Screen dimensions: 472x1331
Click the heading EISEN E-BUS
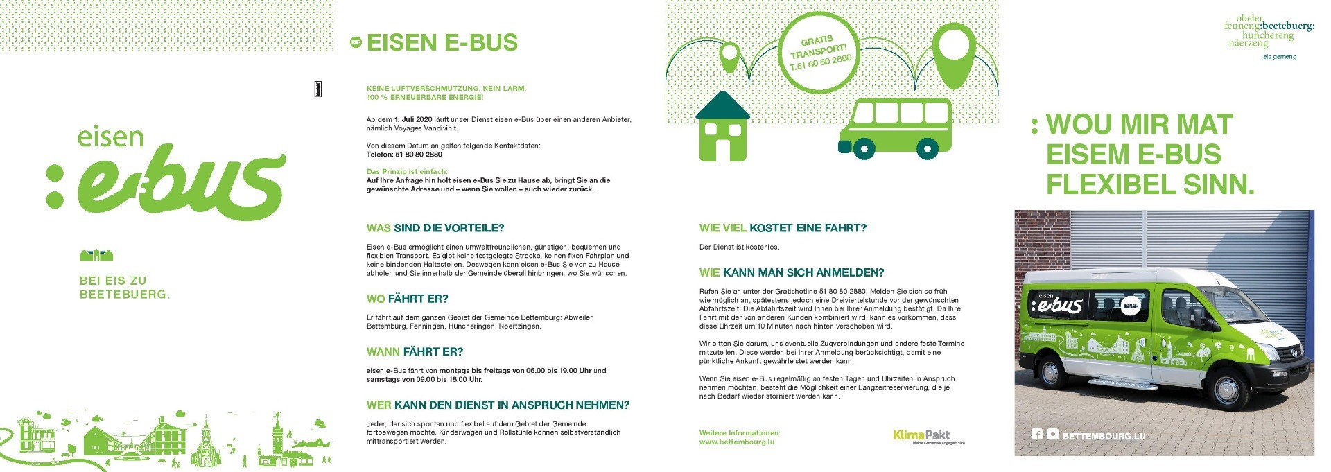[442, 43]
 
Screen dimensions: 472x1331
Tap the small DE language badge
[356, 43]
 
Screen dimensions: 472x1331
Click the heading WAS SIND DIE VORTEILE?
[435, 228]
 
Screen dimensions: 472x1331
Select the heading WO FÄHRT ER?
[408, 299]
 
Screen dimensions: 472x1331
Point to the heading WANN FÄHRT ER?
[415, 351]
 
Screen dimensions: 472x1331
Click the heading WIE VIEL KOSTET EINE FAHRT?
[783, 228]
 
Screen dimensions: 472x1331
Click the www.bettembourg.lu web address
[736, 442]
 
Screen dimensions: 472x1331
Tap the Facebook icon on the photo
[1036, 435]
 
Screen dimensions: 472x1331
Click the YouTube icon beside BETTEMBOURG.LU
[1053, 435]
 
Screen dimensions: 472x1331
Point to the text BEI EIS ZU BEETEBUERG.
[124, 288]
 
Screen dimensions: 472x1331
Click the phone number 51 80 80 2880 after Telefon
[419, 155]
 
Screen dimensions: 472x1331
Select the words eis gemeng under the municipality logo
[1279, 57]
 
